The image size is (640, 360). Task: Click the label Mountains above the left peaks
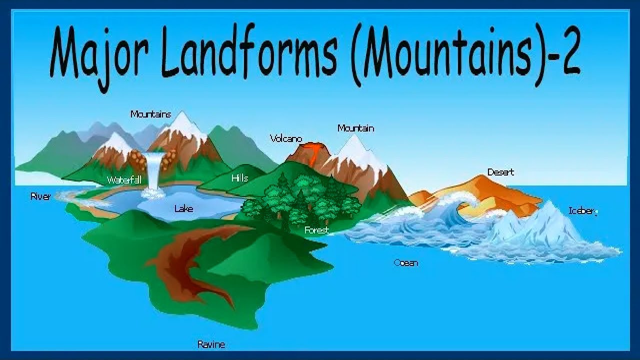click(150, 114)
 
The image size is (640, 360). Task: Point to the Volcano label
click(286, 138)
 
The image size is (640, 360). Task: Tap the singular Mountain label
click(355, 128)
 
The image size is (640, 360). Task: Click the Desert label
click(500, 172)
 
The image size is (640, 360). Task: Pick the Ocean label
click(405, 263)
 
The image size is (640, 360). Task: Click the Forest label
click(317, 230)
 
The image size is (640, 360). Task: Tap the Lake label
click(183, 208)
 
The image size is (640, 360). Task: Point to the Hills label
click(240, 178)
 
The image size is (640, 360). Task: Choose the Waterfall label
click(123, 180)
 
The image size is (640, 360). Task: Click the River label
click(40, 197)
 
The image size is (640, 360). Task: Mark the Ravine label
click(211, 344)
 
